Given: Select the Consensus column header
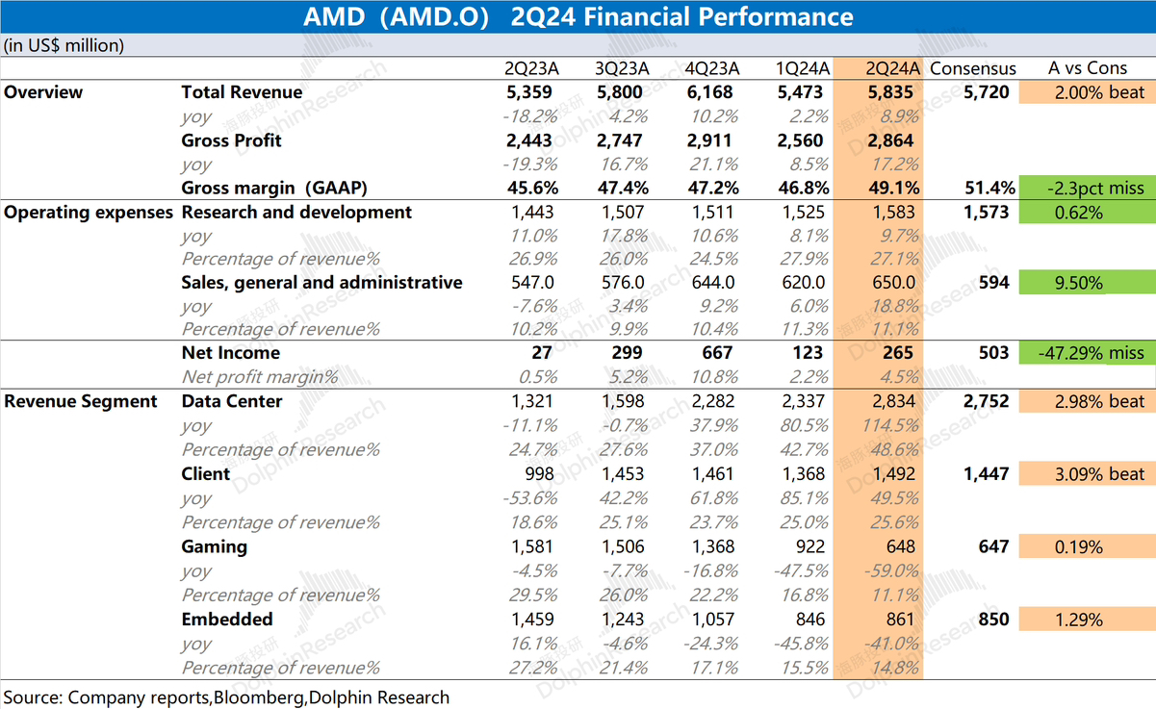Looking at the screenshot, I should click(972, 68).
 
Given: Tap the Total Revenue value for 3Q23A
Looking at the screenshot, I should click(623, 92).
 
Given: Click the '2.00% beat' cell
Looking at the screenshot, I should click(1100, 92).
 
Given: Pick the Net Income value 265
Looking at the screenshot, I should click(897, 353).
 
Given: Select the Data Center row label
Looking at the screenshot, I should click(232, 401).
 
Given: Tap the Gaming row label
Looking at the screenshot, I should click(215, 546).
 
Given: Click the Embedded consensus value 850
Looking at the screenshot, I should click(993, 620).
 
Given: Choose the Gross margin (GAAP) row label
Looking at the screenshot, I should click(275, 189).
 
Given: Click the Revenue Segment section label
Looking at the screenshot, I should click(81, 401).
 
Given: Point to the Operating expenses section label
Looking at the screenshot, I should click(89, 213).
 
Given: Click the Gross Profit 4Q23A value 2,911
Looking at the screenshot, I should click(711, 140).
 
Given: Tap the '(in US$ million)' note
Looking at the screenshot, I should click(64, 45).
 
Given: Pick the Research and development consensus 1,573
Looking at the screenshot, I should click(986, 213).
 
